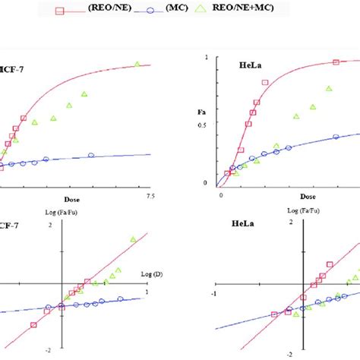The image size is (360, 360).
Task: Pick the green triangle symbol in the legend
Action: click(x=264, y=8)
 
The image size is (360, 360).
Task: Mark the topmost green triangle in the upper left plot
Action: click(x=137, y=65)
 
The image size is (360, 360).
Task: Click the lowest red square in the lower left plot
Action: click(x=33, y=324)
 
